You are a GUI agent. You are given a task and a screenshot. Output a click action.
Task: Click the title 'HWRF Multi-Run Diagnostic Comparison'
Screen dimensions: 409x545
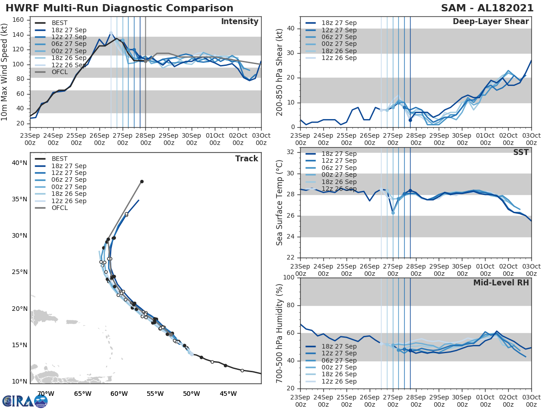pos(119,8)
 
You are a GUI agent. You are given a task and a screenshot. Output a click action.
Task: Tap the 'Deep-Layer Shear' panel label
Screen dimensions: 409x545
pos(490,22)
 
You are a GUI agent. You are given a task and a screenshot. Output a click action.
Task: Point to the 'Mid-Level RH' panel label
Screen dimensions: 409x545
pos(501,283)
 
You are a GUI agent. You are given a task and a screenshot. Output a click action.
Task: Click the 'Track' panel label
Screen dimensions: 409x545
pos(246,159)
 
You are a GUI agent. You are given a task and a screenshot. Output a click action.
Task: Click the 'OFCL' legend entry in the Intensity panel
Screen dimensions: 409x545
pos(59,72)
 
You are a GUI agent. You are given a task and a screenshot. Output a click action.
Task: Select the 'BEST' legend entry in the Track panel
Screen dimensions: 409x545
pos(59,159)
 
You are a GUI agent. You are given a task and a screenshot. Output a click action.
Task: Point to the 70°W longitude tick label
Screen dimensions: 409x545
pos(46,394)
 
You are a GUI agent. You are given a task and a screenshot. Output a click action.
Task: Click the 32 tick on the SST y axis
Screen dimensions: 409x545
pos(291,152)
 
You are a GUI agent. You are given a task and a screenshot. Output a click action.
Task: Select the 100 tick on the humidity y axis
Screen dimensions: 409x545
pos(289,277)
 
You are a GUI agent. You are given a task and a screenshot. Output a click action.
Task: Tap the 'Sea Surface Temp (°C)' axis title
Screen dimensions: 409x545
pos(280,203)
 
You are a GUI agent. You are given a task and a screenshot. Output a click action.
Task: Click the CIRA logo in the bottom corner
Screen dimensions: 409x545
pos(25,401)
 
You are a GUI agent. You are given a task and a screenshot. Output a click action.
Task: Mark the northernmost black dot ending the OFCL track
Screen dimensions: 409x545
pos(142,181)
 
